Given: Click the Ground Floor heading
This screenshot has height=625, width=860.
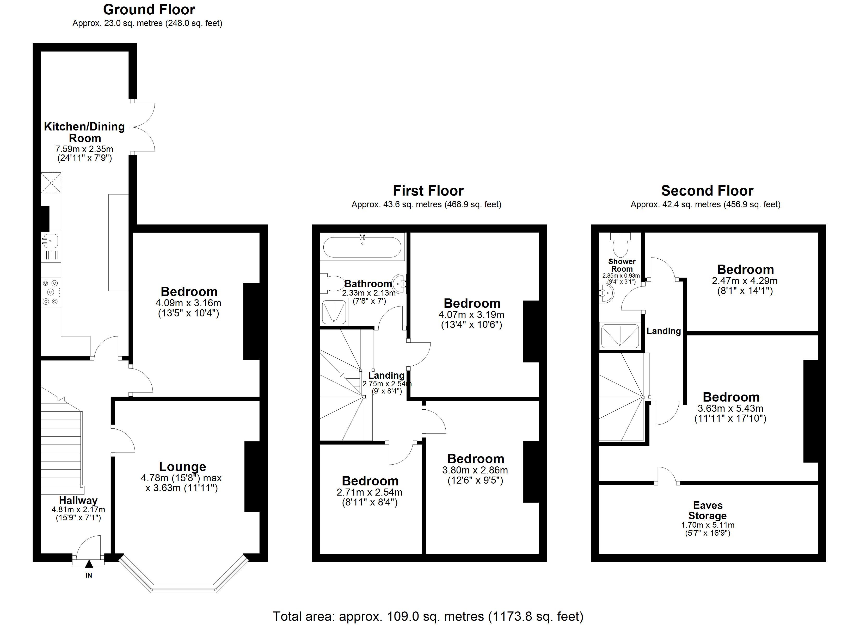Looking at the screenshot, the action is click(149, 9).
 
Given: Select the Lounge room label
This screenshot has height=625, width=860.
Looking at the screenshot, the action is click(182, 467).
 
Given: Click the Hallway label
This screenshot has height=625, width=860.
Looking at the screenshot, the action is click(78, 500).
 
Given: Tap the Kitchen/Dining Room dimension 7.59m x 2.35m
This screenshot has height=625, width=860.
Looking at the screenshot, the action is click(84, 149).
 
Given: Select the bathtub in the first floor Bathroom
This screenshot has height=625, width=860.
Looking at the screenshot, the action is click(362, 247).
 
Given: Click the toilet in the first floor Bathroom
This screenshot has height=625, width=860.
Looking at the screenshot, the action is click(332, 283).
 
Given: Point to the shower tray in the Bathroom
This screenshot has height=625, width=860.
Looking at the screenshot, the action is click(334, 311).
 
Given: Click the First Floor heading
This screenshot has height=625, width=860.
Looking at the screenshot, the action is click(428, 191).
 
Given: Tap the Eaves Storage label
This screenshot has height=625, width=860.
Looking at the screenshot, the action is click(708, 510).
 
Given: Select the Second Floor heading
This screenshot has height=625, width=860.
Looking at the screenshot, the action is click(707, 191).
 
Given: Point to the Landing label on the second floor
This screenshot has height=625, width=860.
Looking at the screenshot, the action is click(664, 331).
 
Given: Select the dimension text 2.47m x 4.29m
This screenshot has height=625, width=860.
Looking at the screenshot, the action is click(745, 281).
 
